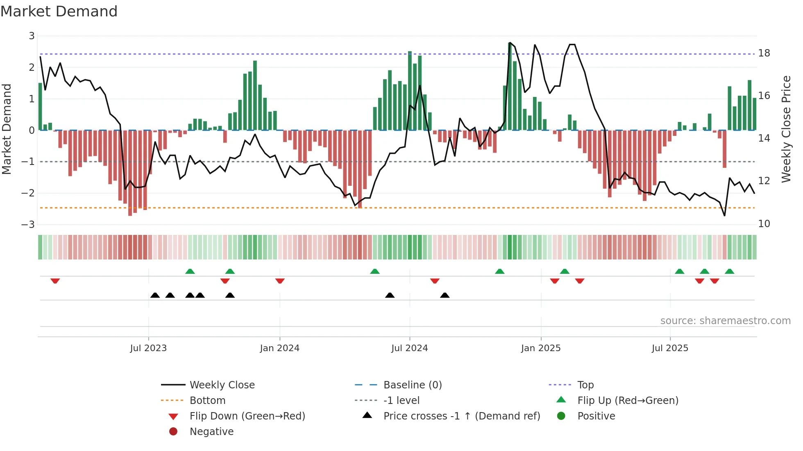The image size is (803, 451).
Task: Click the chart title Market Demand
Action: tap(59, 11)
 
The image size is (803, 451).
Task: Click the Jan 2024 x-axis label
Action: tap(279, 348)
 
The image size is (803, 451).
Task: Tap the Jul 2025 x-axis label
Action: tap(670, 348)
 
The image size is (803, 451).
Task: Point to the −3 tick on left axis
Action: tap(28, 224)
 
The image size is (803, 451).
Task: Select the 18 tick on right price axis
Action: tap(764, 53)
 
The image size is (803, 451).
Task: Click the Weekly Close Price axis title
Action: tap(786, 129)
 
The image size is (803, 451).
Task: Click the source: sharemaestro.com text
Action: tap(725, 320)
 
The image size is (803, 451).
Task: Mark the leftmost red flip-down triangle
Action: tap(55, 281)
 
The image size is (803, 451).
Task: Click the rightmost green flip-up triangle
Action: tap(729, 271)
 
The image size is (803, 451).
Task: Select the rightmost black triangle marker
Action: tap(445, 295)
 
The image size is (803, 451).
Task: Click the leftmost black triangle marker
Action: tap(155, 295)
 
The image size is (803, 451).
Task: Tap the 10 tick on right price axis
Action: tap(764, 223)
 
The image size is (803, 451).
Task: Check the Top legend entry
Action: tap(585, 385)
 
